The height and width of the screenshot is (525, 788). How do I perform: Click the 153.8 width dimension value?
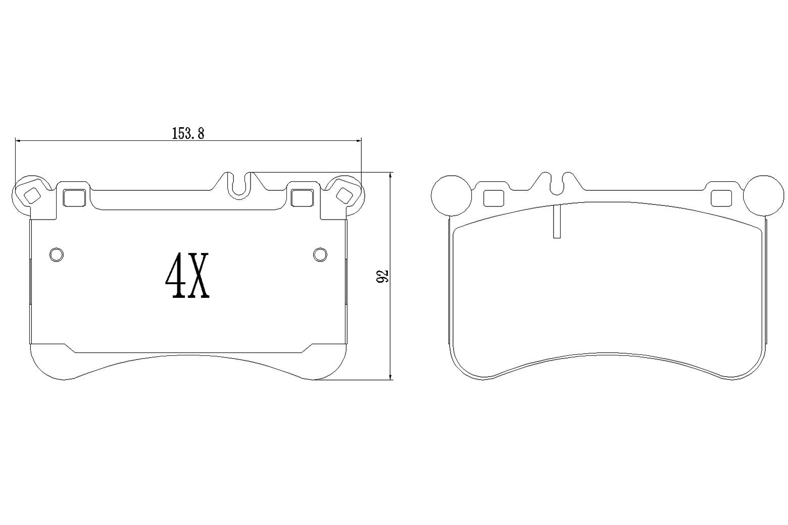[x=188, y=133]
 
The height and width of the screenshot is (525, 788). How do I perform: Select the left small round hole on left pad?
[x=57, y=254]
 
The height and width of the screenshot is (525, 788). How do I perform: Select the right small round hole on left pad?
[x=320, y=254]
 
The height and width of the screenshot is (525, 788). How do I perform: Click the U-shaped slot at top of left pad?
[x=240, y=186]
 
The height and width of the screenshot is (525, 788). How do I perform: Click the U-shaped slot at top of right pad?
[x=557, y=185]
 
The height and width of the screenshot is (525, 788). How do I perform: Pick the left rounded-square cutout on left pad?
[x=75, y=197]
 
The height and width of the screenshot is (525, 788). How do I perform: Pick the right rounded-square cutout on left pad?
[x=302, y=197]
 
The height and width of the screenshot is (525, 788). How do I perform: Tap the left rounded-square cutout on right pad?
[x=494, y=198]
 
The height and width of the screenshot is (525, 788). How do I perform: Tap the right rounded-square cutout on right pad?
[x=721, y=198]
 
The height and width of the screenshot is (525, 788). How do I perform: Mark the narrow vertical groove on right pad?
[x=557, y=222]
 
